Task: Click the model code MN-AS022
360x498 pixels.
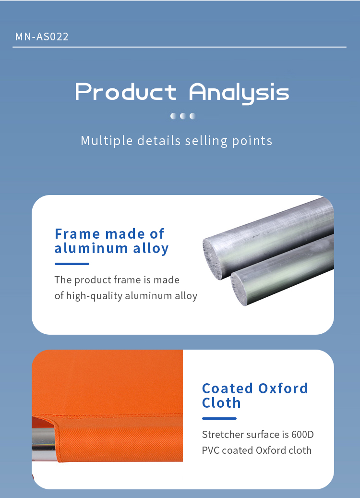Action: (x=42, y=36)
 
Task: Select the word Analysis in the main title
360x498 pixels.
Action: (x=239, y=93)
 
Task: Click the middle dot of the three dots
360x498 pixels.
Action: (x=183, y=116)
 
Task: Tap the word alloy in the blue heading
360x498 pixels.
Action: (x=151, y=249)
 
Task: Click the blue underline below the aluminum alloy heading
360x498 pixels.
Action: (x=72, y=264)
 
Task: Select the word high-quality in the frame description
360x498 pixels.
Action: (x=94, y=296)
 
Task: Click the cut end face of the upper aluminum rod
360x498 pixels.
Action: (x=213, y=258)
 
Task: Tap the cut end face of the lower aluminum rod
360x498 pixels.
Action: (x=239, y=289)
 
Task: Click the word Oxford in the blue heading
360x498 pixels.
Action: (x=283, y=389)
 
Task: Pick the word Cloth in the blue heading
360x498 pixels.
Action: (x=221, y=403)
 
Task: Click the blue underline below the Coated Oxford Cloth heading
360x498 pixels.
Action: (x=219, y=418)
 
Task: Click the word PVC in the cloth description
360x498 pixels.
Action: (x=211, y=450)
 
